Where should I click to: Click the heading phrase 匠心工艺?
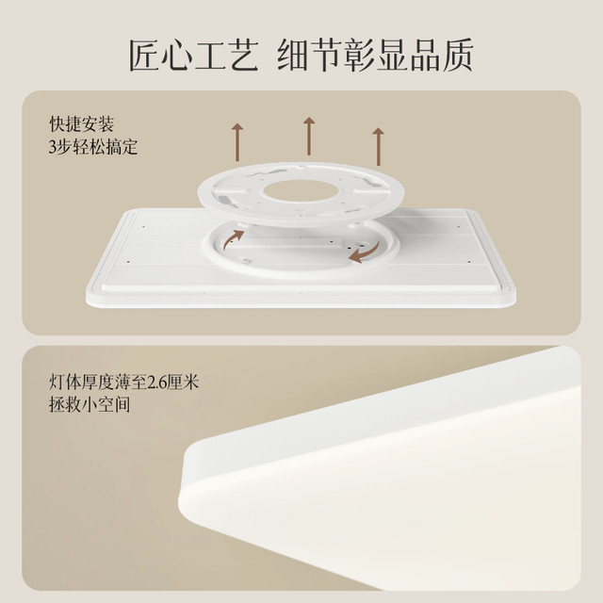(x=193, y=56)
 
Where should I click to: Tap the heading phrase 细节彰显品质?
(x=375, y=56)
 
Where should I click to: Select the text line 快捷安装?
(x=82, y=123)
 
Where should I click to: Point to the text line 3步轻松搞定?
(x=93, y=147)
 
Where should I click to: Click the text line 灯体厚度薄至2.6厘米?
(x=123, y=383)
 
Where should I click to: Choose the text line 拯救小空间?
(x=90, y=404)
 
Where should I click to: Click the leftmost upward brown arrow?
(x=237, y=142)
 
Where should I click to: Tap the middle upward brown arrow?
(x=309, y=136)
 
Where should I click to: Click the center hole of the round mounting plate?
(x=301, y=191)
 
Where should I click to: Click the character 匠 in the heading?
(x=144, y=56)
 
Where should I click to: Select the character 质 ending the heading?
(x=457, y=56)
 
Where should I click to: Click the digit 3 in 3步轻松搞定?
(x=53, y=147)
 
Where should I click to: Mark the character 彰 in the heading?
(x=359, y=56)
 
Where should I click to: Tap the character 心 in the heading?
(x=177, y=56)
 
